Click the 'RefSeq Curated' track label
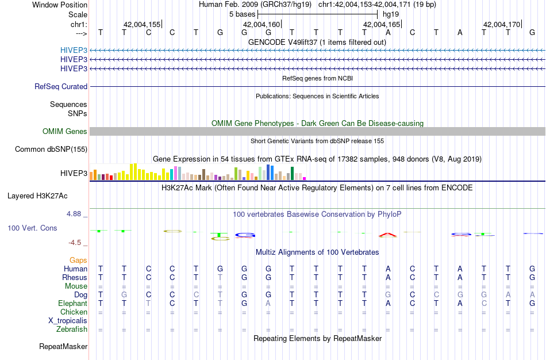point(61,86)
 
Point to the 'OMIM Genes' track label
point(65,132)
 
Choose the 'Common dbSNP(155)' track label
point(51,150)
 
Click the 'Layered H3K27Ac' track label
point(47,196)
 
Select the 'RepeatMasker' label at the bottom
point(63,347)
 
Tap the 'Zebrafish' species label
point(72,330)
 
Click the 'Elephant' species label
point(72,303)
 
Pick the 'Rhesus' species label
point(74,277)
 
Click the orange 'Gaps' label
point(78,260)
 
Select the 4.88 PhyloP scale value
point(77,214)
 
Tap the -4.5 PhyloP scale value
point(78,243)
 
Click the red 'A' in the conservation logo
point(388,235)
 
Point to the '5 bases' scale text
point(242,13)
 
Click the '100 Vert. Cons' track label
point(32,228)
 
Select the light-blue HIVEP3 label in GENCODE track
point(74,50)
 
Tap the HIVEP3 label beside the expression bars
point(74,173)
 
